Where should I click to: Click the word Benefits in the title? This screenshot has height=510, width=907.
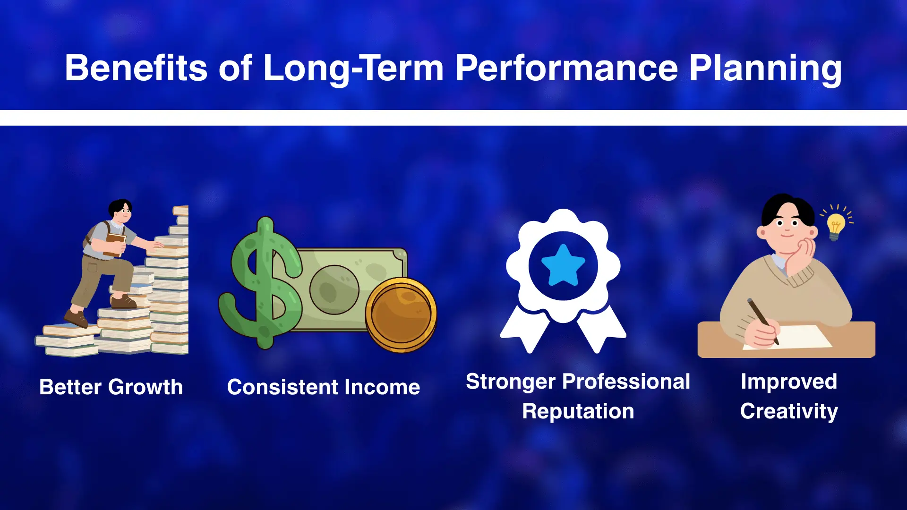(136, 68)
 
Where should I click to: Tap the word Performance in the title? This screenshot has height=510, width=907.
(566, 68)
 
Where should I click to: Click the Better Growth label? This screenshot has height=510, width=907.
(111, 387)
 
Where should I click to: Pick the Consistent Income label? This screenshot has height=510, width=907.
(324, 387)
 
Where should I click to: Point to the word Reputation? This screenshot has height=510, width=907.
(578, 411)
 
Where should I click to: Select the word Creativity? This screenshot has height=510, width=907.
(789, 411)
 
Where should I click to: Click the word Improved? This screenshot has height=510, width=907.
(789, 382)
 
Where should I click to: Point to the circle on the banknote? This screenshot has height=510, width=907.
(334, 289)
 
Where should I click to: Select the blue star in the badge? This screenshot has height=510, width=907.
(563, 265)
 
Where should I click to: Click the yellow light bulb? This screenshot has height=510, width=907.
(835, 226)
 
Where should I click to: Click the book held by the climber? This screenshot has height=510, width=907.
(114, 243)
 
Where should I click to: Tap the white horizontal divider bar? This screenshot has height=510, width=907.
(453, 118)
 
